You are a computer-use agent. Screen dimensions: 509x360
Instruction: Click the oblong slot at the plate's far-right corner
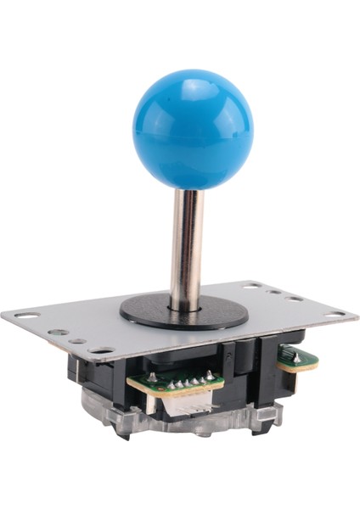[335, 315]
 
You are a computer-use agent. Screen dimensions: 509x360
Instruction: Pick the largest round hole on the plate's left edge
[58, 332]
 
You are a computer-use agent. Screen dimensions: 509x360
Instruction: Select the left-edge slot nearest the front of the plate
[101, 350]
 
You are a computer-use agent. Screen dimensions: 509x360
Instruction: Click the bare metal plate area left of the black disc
[85, 318]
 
